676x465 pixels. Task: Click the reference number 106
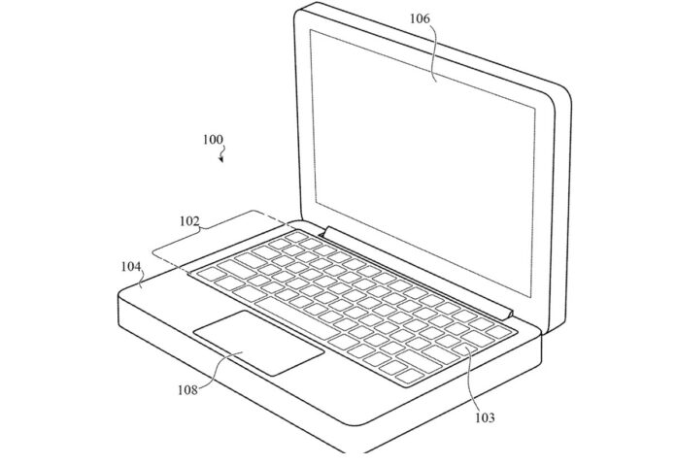(420, 18)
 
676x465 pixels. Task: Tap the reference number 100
(213, 140)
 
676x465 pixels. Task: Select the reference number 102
(189, 221)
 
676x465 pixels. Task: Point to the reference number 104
(131, 267)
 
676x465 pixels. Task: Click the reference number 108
(188, 390)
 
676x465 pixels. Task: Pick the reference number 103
(485, 417)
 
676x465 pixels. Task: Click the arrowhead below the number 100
(221, 160)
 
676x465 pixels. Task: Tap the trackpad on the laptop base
(258, 342)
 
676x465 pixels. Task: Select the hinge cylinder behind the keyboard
(419, 273)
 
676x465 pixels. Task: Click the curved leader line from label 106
(434, 51)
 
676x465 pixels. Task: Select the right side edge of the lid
(561, 207)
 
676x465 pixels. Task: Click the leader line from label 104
(142, 281)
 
